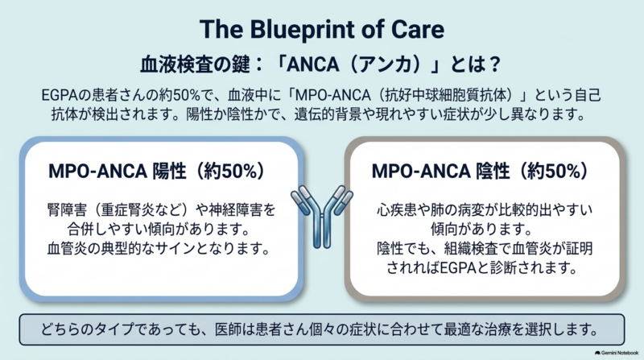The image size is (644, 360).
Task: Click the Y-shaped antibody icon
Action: pyautogui.click(x=322, y=217)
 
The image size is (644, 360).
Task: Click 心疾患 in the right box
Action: pyautogui.click(x=396, y=210)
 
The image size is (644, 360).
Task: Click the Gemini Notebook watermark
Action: pyautogui.click(x=617, y=353)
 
